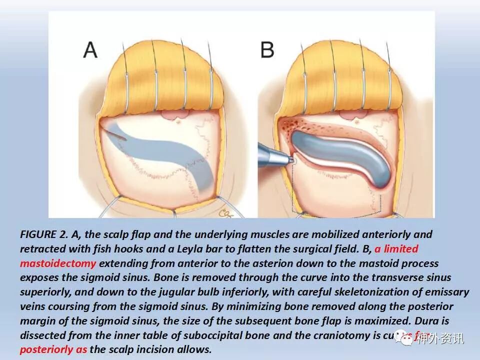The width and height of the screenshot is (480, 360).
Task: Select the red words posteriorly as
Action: click(x=53, y=349)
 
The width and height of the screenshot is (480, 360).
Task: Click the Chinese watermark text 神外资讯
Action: click(x=440, y=338)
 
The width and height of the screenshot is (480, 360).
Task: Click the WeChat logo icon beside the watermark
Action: click(x=404, y=338)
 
